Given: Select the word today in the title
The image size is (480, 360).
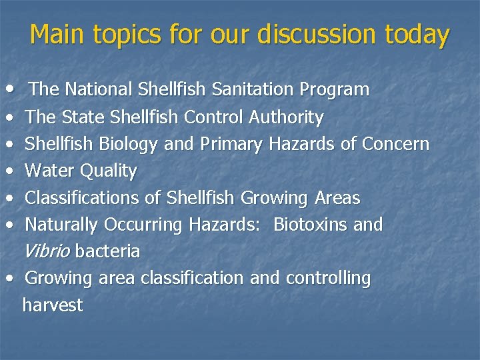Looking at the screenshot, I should point(417,35).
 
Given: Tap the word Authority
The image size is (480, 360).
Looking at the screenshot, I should point(286,118).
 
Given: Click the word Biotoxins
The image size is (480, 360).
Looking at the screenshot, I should point(311,225).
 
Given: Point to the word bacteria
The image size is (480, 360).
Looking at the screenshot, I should point(107,251).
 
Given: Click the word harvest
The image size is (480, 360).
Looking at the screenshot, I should point(53,305).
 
